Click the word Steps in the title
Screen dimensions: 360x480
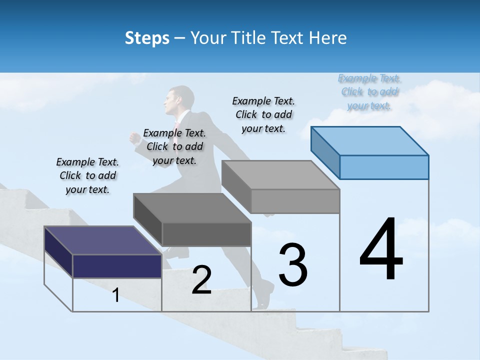click(147, 38)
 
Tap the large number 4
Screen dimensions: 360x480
click(381, 249)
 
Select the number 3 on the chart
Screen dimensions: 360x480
click(292, 265)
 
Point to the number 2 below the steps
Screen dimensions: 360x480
click(201, 280)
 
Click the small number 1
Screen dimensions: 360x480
click(116, 295)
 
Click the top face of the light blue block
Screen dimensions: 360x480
click(370, 141)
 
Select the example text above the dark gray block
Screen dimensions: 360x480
click(174, 146)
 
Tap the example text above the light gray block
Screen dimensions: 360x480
click(263, 114)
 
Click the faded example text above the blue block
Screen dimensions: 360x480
click(369, 91)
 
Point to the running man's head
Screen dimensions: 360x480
click(180, 98)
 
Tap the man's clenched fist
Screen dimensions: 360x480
click(135, 137)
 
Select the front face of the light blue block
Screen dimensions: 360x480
click(384, 167)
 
